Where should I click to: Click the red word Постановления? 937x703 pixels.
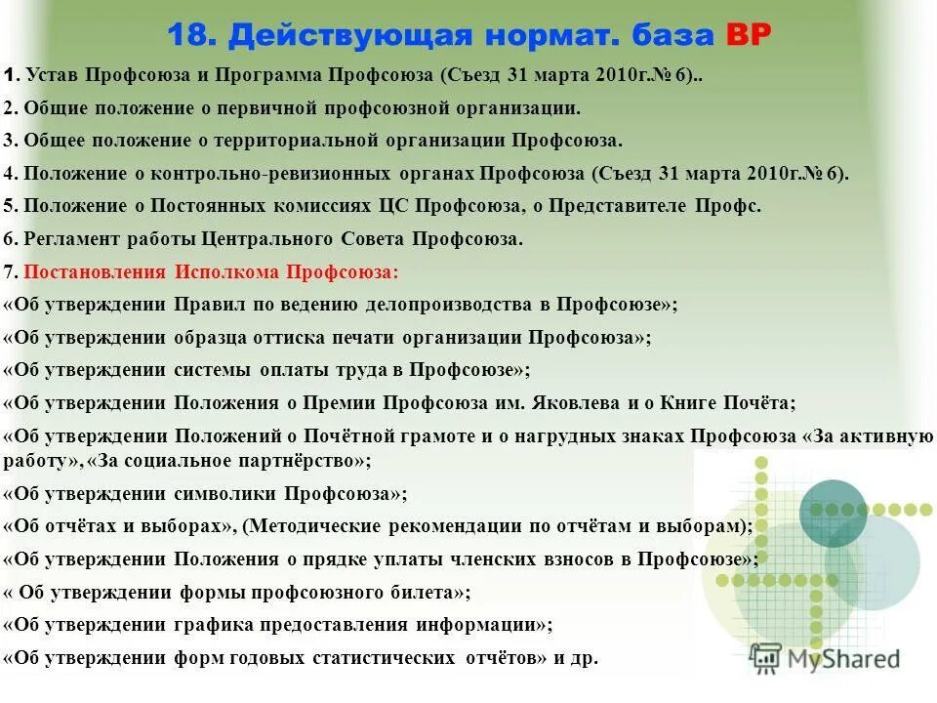click(94, 271)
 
